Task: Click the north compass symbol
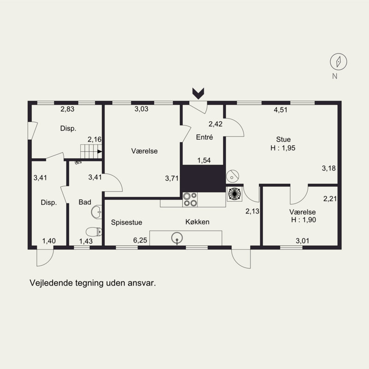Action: coord(339,62)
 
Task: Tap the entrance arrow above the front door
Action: coord(198,94)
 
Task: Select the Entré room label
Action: coord(204,137)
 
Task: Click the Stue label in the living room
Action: coord(283,139)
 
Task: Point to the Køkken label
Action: coord(197,222)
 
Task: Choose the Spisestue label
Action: coord(126,222)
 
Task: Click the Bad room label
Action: coord(85,202)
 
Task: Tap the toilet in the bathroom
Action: coord(94,232)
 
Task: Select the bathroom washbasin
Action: coord(96,212)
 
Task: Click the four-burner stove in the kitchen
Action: coord(190,200)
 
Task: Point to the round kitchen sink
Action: coord(177,238)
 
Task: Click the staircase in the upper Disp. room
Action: coord(91,151)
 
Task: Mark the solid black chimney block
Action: coord(203,179)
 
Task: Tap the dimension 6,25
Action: coord(140,240)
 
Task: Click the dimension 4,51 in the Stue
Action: coord(280,110)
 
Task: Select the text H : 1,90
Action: coord(304,220)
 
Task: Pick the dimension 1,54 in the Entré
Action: coord(204,160)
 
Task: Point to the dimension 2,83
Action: coord(67,109)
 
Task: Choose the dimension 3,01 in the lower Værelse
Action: coord(303,241)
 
